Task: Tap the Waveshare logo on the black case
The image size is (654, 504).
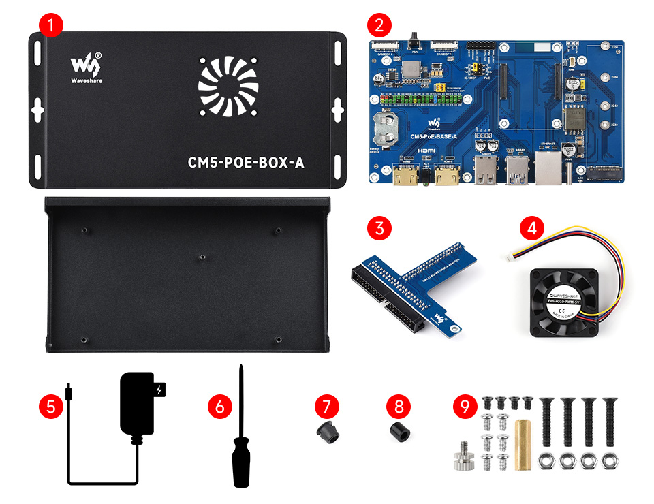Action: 86,67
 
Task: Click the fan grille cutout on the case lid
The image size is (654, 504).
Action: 228,87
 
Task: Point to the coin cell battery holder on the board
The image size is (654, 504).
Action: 387,127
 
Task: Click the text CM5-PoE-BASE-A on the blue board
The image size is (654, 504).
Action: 433,136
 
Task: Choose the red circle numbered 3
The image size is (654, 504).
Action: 379,227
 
